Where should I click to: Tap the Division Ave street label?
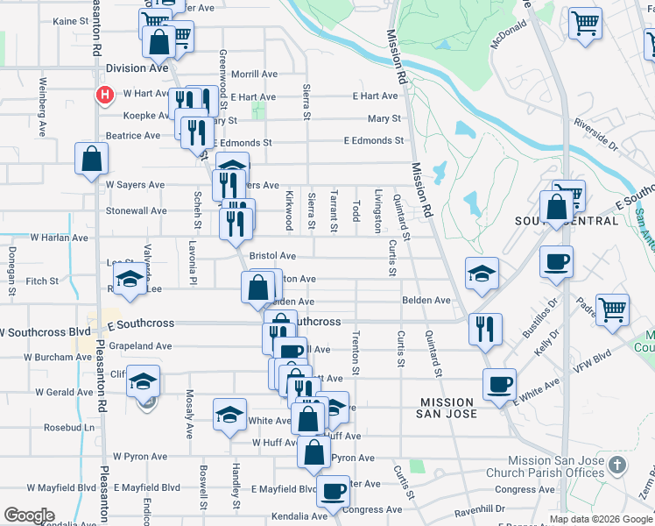point(137,68)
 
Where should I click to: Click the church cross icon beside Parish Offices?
point(617,465)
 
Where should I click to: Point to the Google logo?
point(29,515)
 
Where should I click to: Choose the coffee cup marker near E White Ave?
point(499,384)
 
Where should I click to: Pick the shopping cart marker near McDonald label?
point(585,24)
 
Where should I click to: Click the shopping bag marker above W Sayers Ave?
point(91,160)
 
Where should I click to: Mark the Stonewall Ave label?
point(136,211)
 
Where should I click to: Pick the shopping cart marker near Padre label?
point(612,309)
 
